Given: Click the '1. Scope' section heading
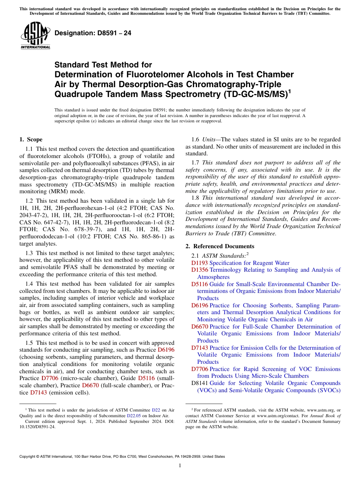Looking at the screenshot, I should point(31,139).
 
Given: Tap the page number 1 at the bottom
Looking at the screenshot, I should point(180,466).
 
